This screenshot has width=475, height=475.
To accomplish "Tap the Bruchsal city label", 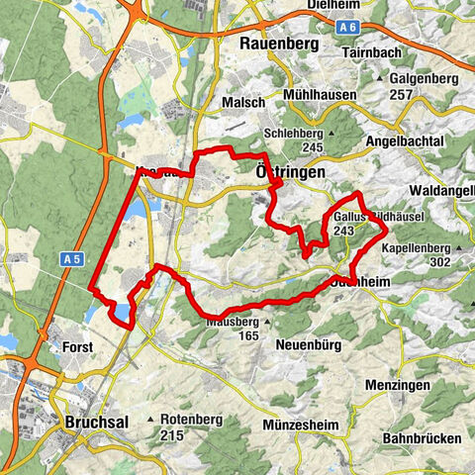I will pyautogui.click(x=96, y=423).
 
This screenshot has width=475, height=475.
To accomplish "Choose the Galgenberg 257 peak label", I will pyautogui.click(x=423, y=84).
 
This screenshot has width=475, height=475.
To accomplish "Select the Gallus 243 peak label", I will pyautogui.click(x=341, y=223).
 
